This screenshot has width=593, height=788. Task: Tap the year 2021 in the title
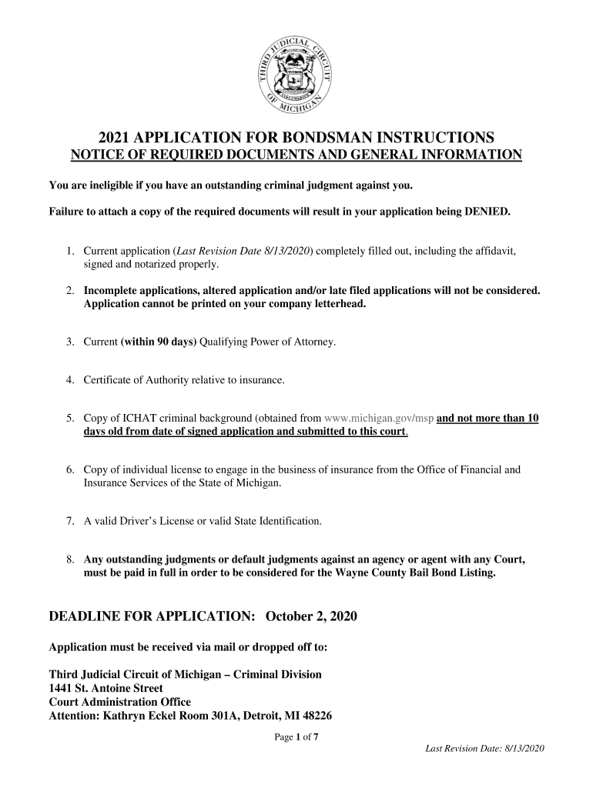click(x=115, y=139)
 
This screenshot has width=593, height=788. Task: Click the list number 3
click(x=69, y=342)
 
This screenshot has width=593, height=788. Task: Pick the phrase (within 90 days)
click(x=158, y=342)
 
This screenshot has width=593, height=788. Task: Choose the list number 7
click(x=69, y=521)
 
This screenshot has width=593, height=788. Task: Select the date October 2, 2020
click(x=311, y=618)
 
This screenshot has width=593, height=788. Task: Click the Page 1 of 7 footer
click(x=296, y=737)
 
